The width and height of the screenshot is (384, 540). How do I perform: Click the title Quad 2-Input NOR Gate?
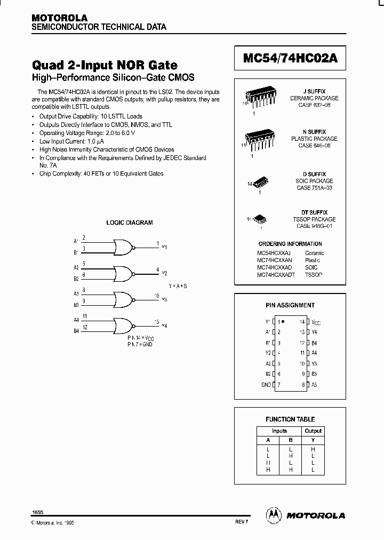(x=105, y=65)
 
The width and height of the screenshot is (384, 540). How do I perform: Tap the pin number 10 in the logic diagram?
(x=156, y=295)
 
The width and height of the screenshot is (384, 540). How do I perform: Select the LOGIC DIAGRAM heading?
(x=130, y=223)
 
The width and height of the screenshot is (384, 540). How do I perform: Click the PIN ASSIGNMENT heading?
(x=290, y=305)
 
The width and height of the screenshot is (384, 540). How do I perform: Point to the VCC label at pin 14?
(x=316, y=322)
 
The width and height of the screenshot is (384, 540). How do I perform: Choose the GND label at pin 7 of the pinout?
(x=266, y=384)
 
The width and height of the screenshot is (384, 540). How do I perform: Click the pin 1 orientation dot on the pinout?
(x=283, y=322)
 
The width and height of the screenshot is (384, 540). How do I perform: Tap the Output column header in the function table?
(x=313, y=431)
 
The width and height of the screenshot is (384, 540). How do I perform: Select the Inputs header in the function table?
(x=279, y=431)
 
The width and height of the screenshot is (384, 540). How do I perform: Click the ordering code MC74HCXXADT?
(x=274, y=274)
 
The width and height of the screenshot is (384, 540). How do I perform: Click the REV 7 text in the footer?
(x=242, y=522)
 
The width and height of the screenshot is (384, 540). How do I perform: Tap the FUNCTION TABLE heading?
(x=290, y=419)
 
